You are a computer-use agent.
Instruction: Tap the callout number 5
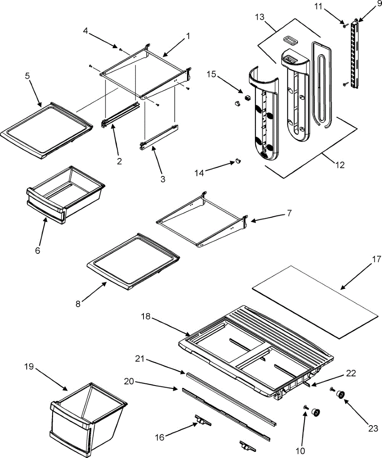[27, 76]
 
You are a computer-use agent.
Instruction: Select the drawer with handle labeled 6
[65, 198]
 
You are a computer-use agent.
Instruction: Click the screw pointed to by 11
[345, 26]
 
